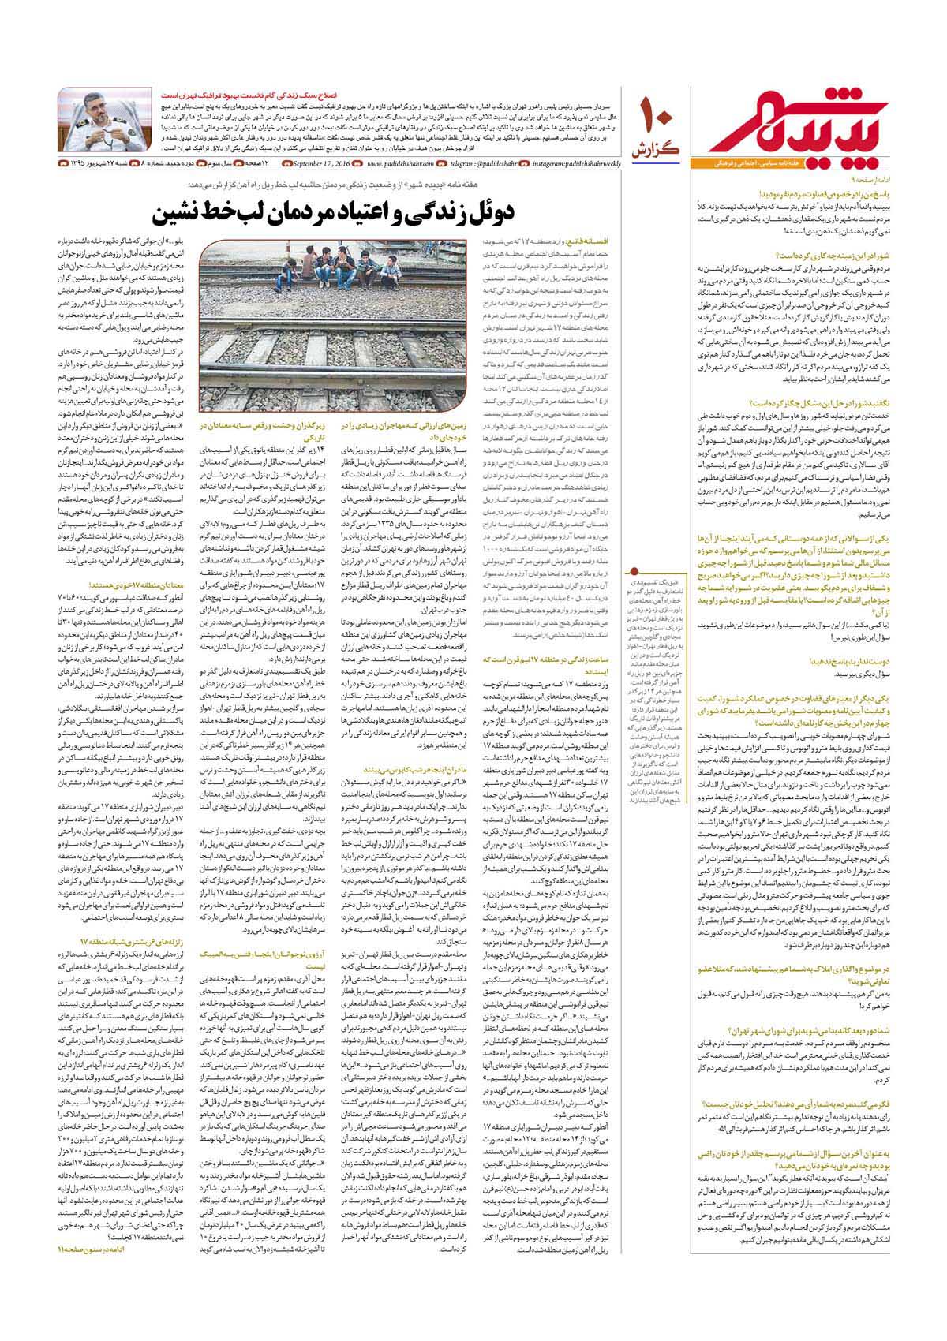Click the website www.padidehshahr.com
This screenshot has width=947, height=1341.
(x=399, y=163)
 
